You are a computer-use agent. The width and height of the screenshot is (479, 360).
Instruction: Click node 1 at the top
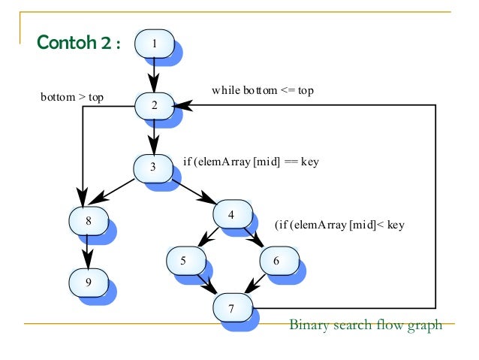154,43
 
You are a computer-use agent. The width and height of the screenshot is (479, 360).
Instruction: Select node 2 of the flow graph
154,105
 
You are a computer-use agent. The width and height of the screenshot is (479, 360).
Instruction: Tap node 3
153,167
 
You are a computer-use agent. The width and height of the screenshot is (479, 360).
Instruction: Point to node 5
184,261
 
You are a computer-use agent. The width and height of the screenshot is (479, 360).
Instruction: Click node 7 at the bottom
232,307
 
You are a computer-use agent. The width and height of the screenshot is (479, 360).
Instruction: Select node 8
88,222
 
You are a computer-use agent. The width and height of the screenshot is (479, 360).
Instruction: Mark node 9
88,282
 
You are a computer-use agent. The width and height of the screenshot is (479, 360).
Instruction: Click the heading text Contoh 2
78,43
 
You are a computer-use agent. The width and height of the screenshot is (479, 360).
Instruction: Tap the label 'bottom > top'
72,97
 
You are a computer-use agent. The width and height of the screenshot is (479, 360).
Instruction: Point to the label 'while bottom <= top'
262,90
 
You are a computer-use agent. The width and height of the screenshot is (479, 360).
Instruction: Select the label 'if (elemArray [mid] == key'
252,162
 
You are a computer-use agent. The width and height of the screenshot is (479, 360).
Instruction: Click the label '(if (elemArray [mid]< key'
339,224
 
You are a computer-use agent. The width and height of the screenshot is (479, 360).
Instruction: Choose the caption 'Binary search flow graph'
366,325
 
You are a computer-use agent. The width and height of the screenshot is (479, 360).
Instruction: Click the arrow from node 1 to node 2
154,74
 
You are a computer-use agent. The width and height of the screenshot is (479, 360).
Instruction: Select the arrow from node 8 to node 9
88,252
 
